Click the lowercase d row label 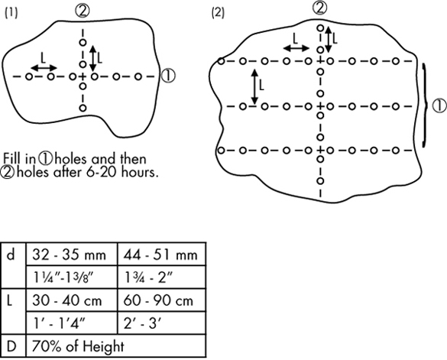tap(11, 255)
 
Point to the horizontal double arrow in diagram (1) tap(44, 67)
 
